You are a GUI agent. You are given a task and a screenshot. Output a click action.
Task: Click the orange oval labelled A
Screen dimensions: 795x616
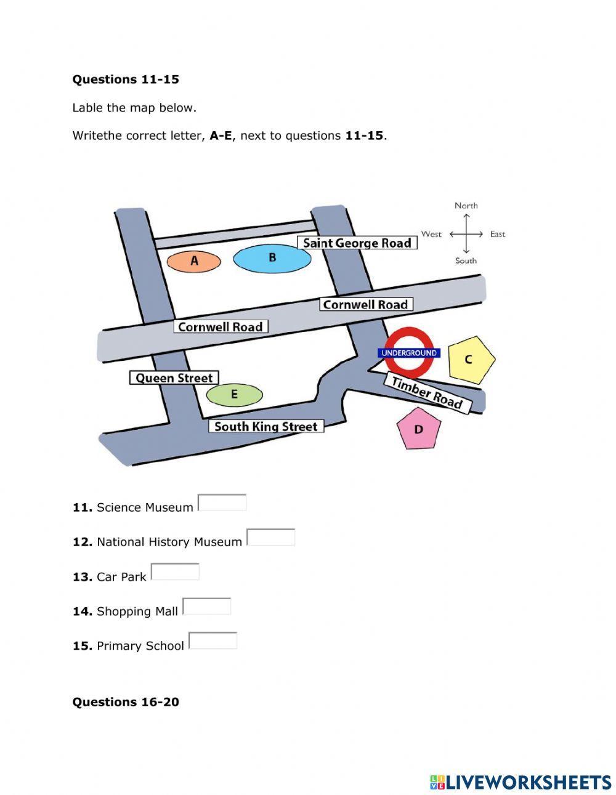click(x=194, y=261)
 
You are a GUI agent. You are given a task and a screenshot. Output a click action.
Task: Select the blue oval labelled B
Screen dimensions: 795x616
click(x=272, y=258)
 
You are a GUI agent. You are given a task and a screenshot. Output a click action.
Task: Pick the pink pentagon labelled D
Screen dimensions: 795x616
click(x=419, y=429)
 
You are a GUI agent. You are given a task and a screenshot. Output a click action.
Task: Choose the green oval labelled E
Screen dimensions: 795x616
click(x=234, y=395)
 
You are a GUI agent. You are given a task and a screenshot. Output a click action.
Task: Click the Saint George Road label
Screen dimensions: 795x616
click(x=357, y=243)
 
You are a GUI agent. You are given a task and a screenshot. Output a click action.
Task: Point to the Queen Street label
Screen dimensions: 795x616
click(x=174, y=378)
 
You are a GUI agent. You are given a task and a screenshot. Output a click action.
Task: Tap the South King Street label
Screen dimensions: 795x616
click(x=265, y=426)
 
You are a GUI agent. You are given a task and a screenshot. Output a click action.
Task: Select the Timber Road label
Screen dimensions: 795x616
click(x=427, y=393)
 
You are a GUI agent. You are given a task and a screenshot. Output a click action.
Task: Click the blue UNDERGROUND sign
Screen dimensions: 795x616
click(x=409, y=353)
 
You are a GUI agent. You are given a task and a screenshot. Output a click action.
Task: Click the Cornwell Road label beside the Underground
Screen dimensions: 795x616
click(x=365, y=304)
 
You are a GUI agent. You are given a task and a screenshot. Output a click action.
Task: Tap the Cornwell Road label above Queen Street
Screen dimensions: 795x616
click(x=220, y=327)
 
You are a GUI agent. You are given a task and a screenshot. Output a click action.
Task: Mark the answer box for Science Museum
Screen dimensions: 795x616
click(x=222, y=503)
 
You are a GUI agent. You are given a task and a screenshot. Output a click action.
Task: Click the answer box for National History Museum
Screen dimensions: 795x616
click(x=271, y=538)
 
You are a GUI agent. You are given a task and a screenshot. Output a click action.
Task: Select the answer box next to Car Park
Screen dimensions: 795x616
click(x=175, y=572)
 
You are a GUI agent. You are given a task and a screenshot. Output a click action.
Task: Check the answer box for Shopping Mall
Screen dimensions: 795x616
click(x=207, y=607)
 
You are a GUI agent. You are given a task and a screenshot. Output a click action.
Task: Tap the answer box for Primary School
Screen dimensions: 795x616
click(x=213, y=641)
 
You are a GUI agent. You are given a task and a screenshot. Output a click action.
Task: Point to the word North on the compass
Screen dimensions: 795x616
click(x=466, y=206)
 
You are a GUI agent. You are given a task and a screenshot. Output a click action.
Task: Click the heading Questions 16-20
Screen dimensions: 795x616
click(x=126, y=702)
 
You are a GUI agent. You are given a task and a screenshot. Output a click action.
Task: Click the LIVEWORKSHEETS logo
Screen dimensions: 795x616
click(x=521, y=782)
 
